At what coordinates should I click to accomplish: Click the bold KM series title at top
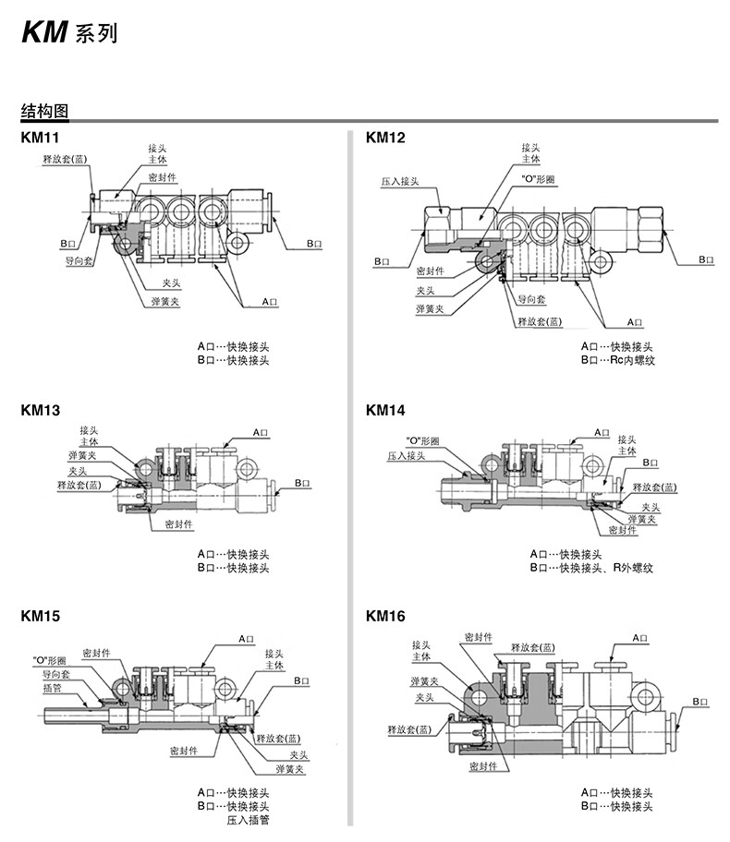tap(68, 32)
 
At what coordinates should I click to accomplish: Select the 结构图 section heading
tap(45, 111)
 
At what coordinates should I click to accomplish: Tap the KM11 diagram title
tap(40, 138)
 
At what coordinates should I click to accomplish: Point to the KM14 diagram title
tap(385, 410)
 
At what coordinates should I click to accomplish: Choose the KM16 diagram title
tap(385, 616)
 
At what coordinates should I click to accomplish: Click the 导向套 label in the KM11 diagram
tap(79, 261)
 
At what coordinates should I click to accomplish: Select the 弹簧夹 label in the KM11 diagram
tap(165, 301)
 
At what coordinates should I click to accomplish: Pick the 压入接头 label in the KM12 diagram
tap(400, 182)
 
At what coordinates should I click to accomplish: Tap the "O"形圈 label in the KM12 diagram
tap(538, 179)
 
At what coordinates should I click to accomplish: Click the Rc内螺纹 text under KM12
tap(633, 360)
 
